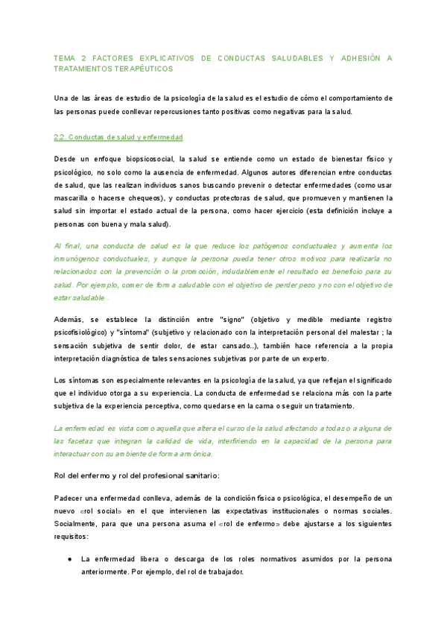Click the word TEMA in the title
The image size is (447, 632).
point(66,57)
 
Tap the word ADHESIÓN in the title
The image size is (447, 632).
point(364,57)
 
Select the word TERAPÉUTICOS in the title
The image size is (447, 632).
point(140,69)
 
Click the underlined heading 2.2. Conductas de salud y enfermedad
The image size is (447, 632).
point(118,138)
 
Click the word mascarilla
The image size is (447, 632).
point(74,197)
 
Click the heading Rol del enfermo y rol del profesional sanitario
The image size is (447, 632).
point(136,475)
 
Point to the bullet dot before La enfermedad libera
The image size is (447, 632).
point(69,558)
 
